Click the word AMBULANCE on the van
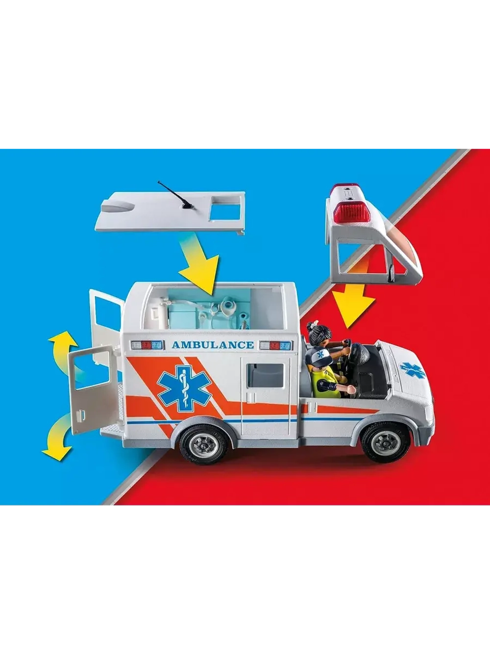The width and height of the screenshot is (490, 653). (213, 345)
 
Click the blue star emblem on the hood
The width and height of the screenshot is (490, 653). (412, 369)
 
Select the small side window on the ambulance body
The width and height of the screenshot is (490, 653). (266, 375)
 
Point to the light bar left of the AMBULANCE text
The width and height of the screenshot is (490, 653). (147, 345)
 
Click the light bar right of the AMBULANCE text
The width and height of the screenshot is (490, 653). (275, 345)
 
